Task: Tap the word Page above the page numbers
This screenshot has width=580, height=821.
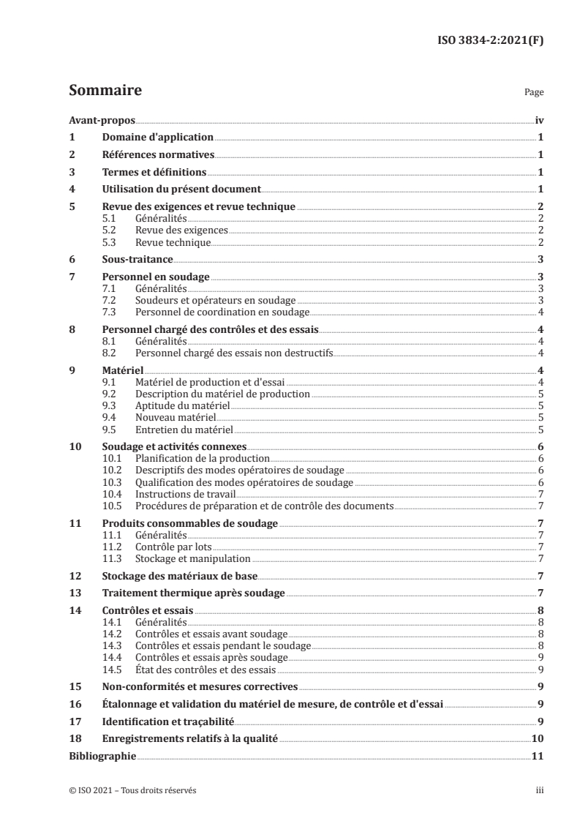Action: pyautogui.click(x=534, y=94)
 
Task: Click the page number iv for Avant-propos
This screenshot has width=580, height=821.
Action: pyautogui.click(x=538, y=121)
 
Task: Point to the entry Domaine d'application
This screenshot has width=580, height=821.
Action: pyautogui.click(x=157, y=138)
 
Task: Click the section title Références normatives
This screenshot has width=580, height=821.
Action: pyautogui.click(x=157, y=155)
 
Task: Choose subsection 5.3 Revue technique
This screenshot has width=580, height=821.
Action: pyautogui.click(x=173, y=242)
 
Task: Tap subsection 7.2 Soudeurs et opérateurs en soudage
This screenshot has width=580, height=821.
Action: pyautogui.click(x=216, y=301)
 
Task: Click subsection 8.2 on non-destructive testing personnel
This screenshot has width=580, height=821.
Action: pyautogui.click(x=234, y=353)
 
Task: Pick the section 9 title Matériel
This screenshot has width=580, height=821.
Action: pyautogui.click(x=122, y=370)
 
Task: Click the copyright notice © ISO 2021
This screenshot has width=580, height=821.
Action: pyautogui.click(x=132, y=790)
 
